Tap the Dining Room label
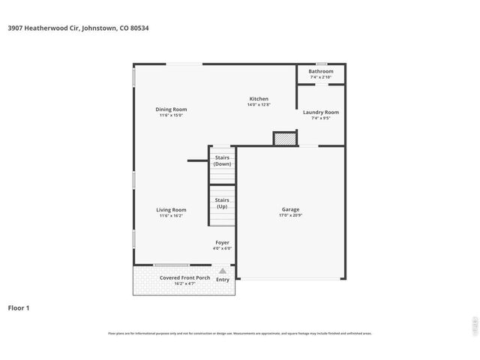coord(171,109)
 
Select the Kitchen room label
coord(259,99)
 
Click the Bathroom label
coord(320,71)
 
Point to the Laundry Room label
coord(320,112)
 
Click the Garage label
coord(290,209)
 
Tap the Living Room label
coord(171,210)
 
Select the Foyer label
coord(222,243)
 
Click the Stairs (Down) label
coord(222,160)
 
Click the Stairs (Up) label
coord(222,203)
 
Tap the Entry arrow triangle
coord(222,271)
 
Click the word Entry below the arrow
coord(223,280)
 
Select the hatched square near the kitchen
coord(284,139)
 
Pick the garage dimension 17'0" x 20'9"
coord(290,216)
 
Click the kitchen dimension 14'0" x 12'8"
coord(259,105)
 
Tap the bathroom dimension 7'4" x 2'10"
coord(320,77)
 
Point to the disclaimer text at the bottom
coord(240,333)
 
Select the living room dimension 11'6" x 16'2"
coord(171,216)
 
